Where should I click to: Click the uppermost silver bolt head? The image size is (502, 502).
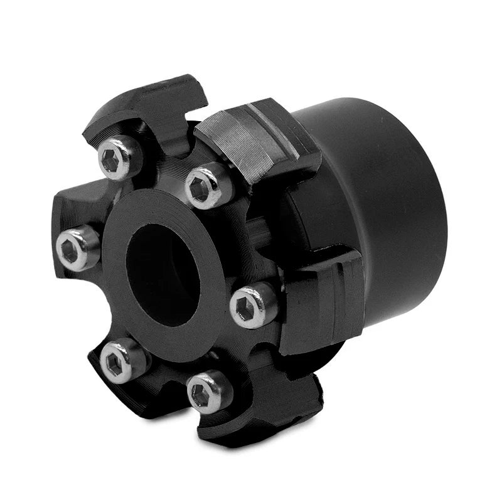[x=120, y=157]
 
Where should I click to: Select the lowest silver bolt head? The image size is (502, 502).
[x=210, y=392]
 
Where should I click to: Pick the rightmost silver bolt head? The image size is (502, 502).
[x=253, y=305]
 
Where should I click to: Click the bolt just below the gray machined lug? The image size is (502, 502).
[x=210, y=186]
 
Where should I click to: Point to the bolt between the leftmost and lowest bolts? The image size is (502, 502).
[x=124, y=360]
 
